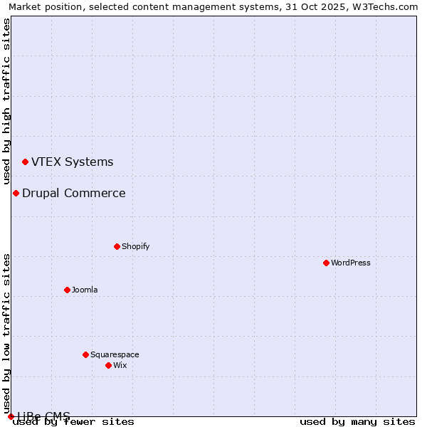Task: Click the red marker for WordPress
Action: tap(326, 263)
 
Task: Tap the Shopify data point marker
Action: tap(117, 246)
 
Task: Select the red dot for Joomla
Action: tap(67, 290)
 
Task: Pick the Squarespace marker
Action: tap(85, 354)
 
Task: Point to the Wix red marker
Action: tap(108, 365)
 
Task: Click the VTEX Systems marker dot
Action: tap(25, 162)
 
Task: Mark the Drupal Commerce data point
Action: tap(16, 193)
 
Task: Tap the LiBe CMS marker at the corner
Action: tap(11, 416)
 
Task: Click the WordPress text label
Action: tap(351, 263)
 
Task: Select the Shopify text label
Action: tap(135, 246)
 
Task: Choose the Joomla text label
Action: tap(85, 290)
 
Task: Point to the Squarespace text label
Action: tap(115, 354)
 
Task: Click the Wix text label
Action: tap(120, 365)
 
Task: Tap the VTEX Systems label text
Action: tap(72, 162)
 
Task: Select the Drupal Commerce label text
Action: tap(74, 193)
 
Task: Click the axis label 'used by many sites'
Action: tap(357, 421)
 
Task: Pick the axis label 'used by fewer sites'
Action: tap(74, 421)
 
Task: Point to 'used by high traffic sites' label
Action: tap(6, 102)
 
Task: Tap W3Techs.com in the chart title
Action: tap(387, 6)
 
